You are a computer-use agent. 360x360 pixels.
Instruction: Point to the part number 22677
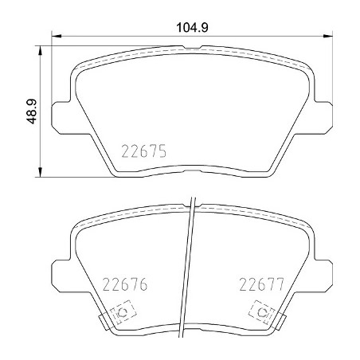pyautogui.click(x=262, y=284)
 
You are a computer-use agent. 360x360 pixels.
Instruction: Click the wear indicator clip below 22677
pyautogui.click(x=259, y=313)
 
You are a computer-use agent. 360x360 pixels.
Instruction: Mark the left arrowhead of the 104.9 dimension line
pyautogui.click(x=55, y=35)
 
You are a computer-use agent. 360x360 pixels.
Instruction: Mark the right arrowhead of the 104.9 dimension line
pyautogui.click(x=327, y=35)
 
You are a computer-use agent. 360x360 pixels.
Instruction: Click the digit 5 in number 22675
pyautogui.click(x=160, y=150)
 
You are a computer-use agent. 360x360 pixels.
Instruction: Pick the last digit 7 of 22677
pyautogui.click(x=280, y=284)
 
